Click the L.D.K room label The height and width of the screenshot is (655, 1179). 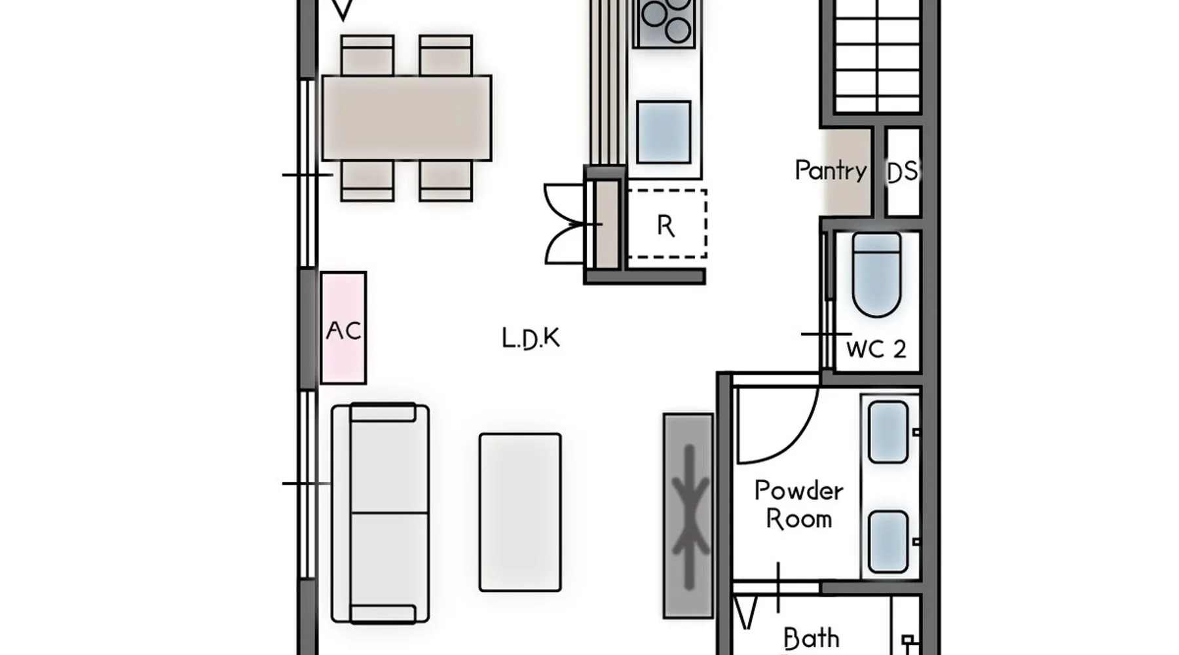pos(531,339)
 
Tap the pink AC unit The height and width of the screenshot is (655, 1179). pos(343,327)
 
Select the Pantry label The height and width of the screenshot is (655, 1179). pos(831,170)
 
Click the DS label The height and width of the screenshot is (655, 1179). pos(902,172)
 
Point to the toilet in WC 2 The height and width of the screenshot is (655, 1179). pos(877,275)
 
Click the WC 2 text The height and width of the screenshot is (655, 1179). pos(876,349)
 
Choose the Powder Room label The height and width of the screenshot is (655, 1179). pos(798,504)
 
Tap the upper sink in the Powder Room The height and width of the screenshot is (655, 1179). pos(888,432)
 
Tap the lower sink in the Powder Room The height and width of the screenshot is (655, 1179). pos(888,542)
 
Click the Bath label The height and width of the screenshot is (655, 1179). pos(811,638)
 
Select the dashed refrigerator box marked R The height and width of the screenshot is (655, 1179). pos(666,224)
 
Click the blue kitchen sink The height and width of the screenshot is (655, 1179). pos(664,132)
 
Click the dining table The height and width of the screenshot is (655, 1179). pos(406,118)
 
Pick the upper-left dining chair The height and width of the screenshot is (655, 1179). pos(367,55)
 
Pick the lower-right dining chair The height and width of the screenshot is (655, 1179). pos(445,181)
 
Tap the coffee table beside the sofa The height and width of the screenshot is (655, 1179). pos(520,512)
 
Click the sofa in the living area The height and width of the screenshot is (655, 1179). pos(381,513)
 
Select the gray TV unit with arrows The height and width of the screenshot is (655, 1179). pos(688,515)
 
